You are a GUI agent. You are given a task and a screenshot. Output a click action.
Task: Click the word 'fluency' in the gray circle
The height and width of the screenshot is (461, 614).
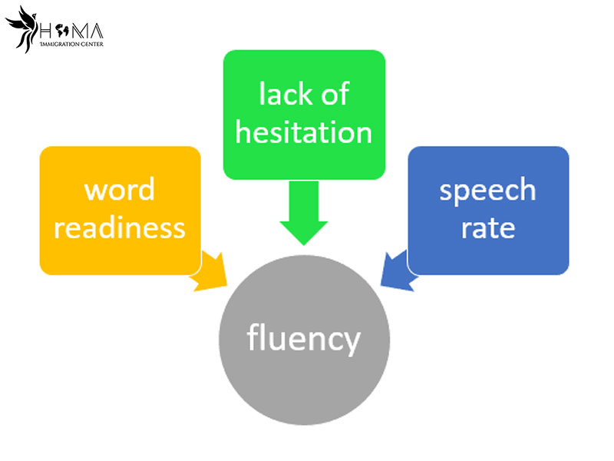303,339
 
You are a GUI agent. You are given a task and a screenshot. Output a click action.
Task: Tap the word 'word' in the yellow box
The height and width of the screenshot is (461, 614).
119,190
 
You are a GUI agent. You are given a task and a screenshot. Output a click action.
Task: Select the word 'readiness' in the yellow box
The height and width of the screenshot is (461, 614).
119,227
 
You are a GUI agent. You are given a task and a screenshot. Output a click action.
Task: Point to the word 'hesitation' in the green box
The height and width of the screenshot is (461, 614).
303,131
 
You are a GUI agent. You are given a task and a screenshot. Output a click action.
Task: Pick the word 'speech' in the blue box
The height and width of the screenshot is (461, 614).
487,191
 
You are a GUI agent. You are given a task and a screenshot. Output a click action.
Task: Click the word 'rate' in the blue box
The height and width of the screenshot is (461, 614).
487,227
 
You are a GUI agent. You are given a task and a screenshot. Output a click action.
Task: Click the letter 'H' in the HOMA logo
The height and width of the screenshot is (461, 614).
48,32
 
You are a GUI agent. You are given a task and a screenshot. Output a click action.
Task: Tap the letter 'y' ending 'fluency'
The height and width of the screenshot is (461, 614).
350,343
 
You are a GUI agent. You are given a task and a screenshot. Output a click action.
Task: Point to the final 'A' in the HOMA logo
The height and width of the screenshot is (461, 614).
96,32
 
